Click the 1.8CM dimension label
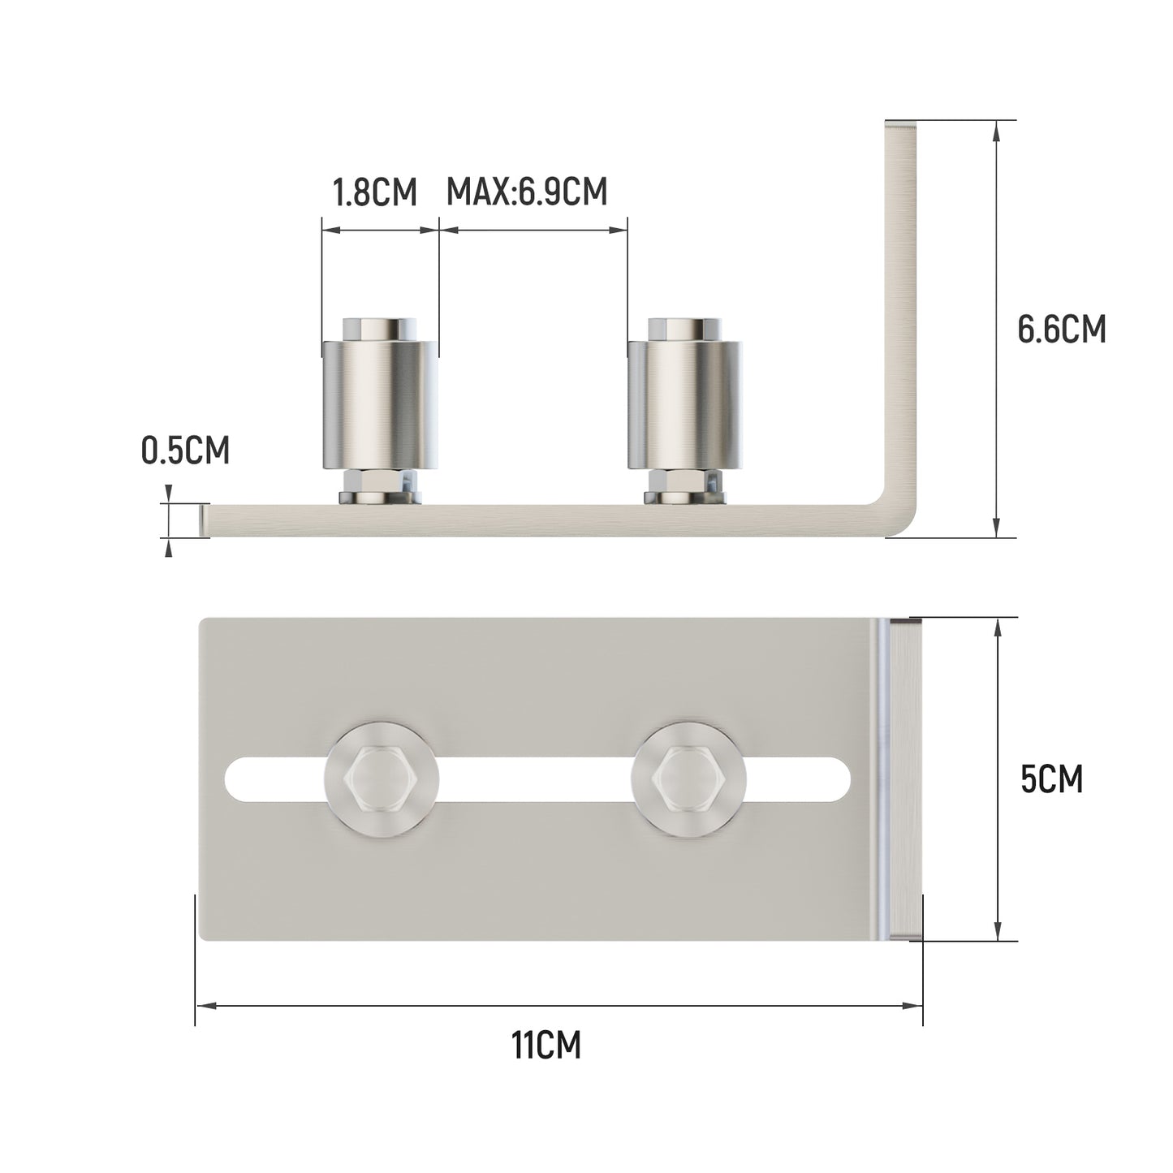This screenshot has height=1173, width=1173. (x=374, y=193)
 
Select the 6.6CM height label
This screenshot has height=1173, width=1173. (x=1061, y=330)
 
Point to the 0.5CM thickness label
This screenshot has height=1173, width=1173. (x=185, y=451)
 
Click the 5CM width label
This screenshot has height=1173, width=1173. (x=1051, y=780)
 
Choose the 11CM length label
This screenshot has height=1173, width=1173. (x=546, y=1046)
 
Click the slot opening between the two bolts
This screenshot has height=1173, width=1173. (x=536, y=780)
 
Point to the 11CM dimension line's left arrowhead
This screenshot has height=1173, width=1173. (x=204, y=1006)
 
